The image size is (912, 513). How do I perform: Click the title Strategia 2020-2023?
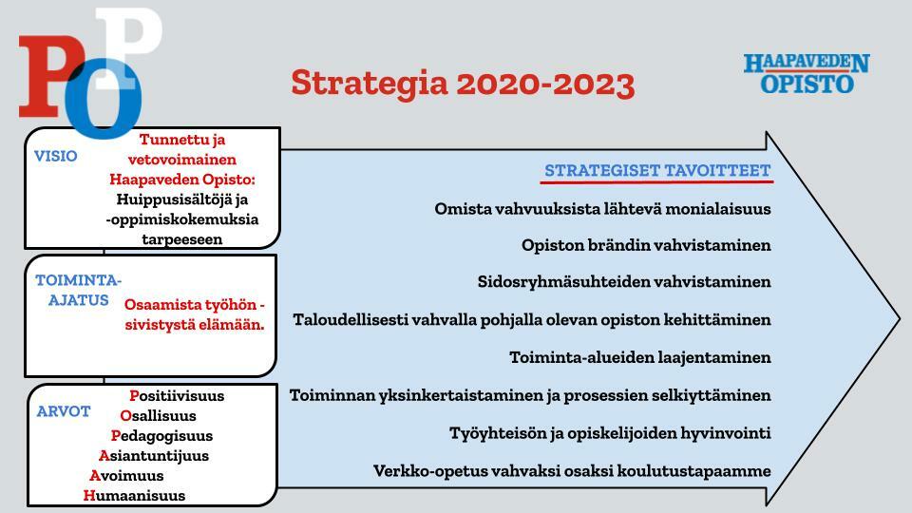point(463,84)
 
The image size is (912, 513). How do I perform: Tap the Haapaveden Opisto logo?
point(807,73)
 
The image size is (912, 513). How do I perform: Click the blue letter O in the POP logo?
point(103,99)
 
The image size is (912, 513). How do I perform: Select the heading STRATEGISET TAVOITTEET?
point(657,170)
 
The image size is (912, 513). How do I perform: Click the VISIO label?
point(55,156)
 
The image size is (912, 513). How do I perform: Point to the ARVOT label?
point(64,411)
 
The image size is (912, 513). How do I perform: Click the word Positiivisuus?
point(177,395)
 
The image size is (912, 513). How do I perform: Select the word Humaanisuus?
point(134,496)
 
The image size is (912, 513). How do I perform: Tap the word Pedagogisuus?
point(161,436)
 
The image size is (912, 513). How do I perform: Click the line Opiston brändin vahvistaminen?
point(646,245)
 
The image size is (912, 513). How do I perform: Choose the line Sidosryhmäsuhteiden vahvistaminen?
point(624,281)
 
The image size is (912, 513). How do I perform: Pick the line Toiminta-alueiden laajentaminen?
point(639,357)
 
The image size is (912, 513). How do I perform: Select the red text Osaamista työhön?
point(190,305)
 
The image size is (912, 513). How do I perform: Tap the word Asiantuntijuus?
point(154,455)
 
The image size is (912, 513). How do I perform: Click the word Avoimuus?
point(126,475)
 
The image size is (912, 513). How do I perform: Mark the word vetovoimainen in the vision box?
point(182,160)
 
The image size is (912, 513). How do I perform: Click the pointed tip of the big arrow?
point(899,318)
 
